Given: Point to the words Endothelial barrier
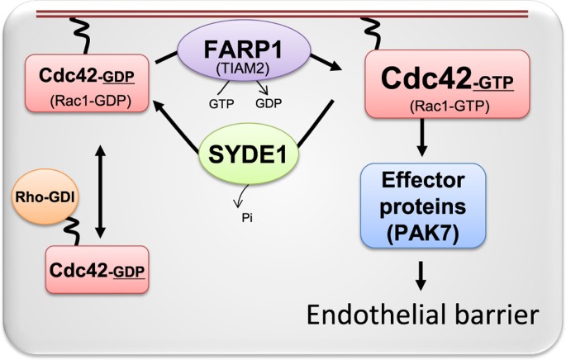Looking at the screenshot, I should tap(423, 315).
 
